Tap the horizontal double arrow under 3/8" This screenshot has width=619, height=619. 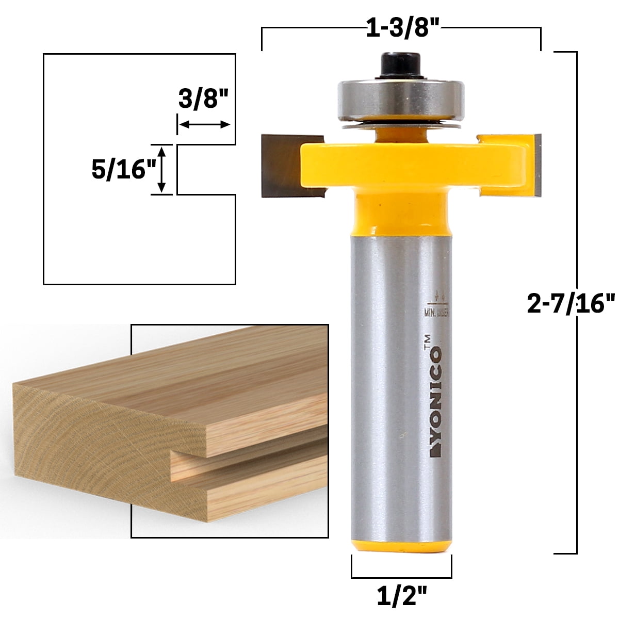click(204, 124)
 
